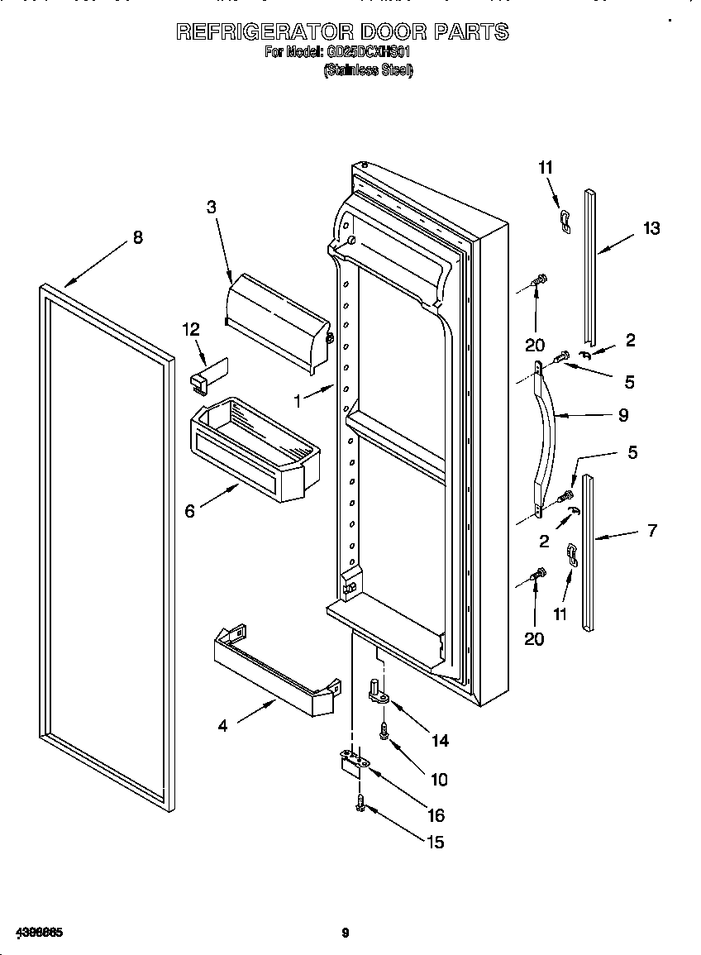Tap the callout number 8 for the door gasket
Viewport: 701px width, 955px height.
(137, 237)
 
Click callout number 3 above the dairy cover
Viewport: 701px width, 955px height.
(212, 208)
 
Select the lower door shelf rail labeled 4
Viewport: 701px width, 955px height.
(276, 670)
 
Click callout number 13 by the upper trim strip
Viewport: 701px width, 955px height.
(651, 228)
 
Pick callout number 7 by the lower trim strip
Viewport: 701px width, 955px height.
(651, 531)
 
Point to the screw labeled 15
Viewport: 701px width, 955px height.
(361, 801)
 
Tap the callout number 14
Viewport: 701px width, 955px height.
(440, 741)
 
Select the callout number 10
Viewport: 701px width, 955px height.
(438, 779)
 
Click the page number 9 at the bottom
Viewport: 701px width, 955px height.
(346, 934)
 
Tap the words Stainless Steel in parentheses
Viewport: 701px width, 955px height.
(368, 71)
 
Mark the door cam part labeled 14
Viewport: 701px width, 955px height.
(379, 691)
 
